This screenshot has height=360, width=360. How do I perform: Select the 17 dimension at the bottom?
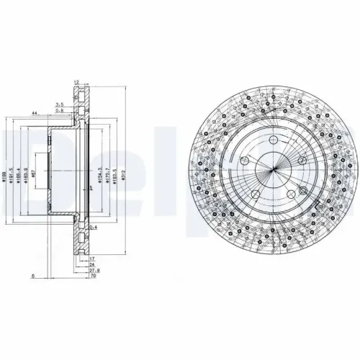[93, 257]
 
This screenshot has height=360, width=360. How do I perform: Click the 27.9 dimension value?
[93, 270]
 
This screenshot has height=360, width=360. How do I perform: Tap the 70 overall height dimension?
[93, 276]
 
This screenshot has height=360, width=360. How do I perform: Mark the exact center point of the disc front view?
[274, 175]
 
